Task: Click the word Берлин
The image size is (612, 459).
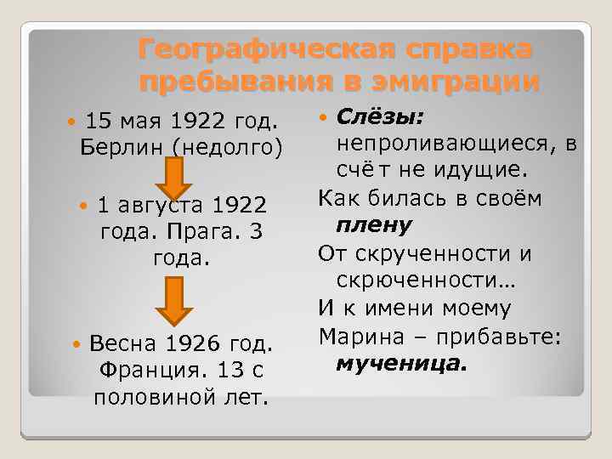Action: pos(122,145)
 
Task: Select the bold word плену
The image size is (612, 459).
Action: pos(374,225)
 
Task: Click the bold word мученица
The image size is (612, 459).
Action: pos(401,365)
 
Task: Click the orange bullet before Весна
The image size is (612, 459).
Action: pos(77,344)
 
